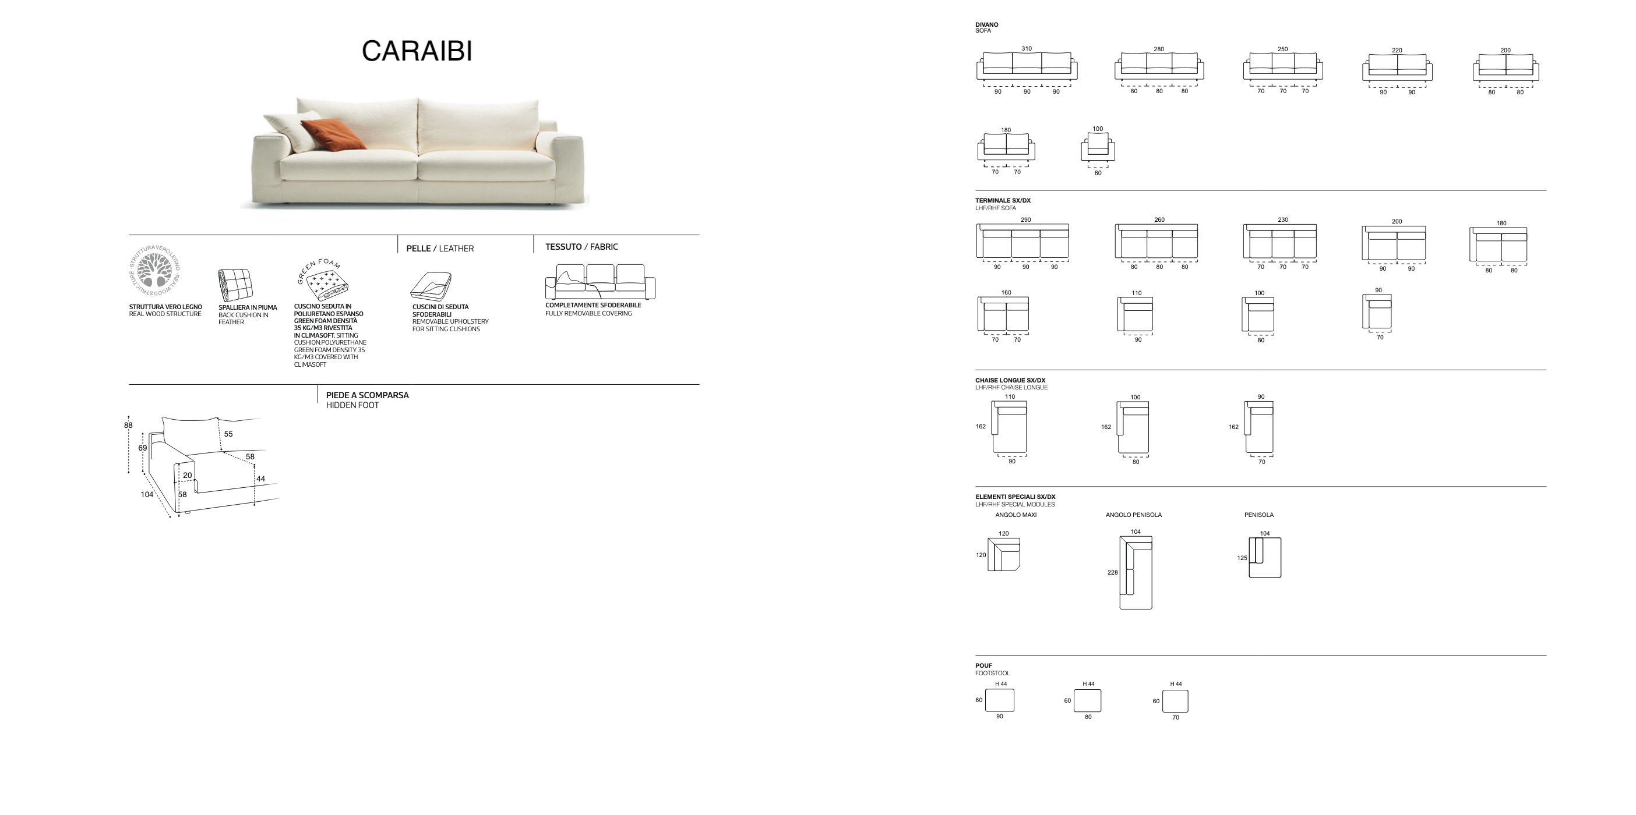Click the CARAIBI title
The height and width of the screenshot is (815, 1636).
point(417,51)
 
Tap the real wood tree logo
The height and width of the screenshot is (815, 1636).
point(155,270)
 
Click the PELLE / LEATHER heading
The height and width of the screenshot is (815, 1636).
point(440,248)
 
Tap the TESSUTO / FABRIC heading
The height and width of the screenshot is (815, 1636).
point(581,246)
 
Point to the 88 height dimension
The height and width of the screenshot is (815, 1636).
point(128,426)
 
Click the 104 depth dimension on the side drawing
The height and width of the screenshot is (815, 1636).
point(147,494)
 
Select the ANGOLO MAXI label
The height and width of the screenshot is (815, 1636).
point(1016,515)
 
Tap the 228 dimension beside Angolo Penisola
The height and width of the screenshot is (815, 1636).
point(1112,572)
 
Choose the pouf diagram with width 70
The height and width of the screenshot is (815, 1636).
point(1175,701)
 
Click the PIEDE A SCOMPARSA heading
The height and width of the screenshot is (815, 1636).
point(368,395)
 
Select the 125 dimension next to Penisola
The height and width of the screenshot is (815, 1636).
point(1242,558)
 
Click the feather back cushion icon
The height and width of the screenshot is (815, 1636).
point(234,284)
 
